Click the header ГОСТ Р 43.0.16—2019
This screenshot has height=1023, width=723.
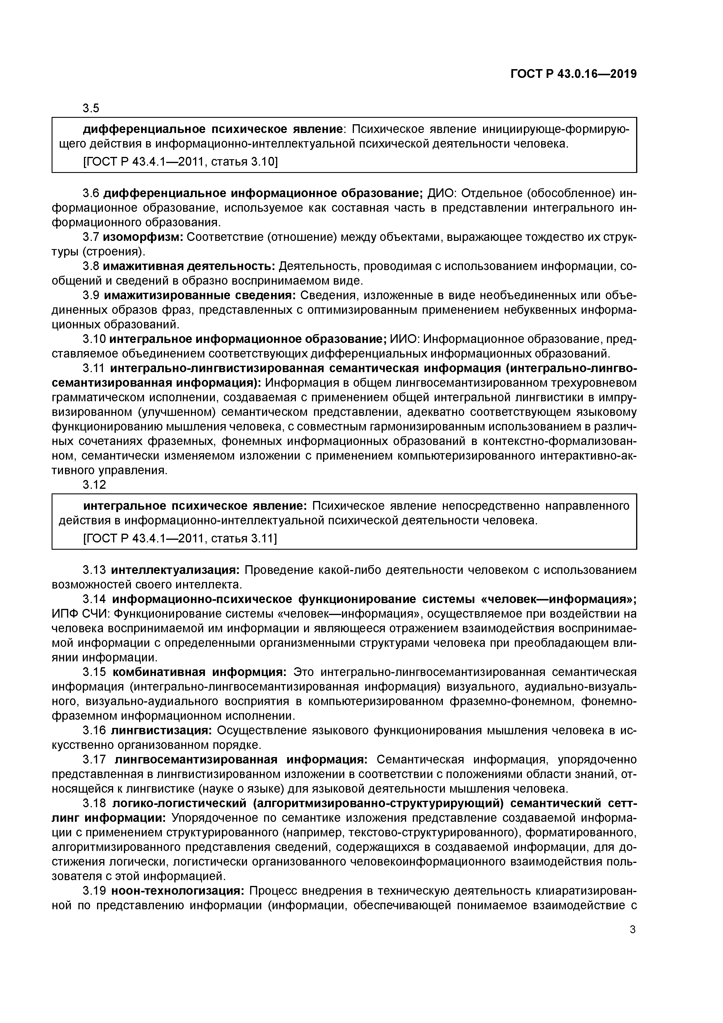coord(573,74)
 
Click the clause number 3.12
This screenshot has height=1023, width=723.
coord(94,485)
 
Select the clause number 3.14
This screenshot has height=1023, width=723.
coord(94,599)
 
